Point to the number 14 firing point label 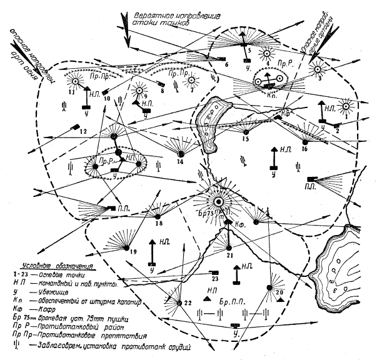(180, 162)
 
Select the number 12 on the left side (83, 131)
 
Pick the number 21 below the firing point (229, 255)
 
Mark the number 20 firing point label (279, 291)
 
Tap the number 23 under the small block (215, 279)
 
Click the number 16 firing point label (304, 149)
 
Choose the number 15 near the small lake (246, 139)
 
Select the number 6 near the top (226, 64)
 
